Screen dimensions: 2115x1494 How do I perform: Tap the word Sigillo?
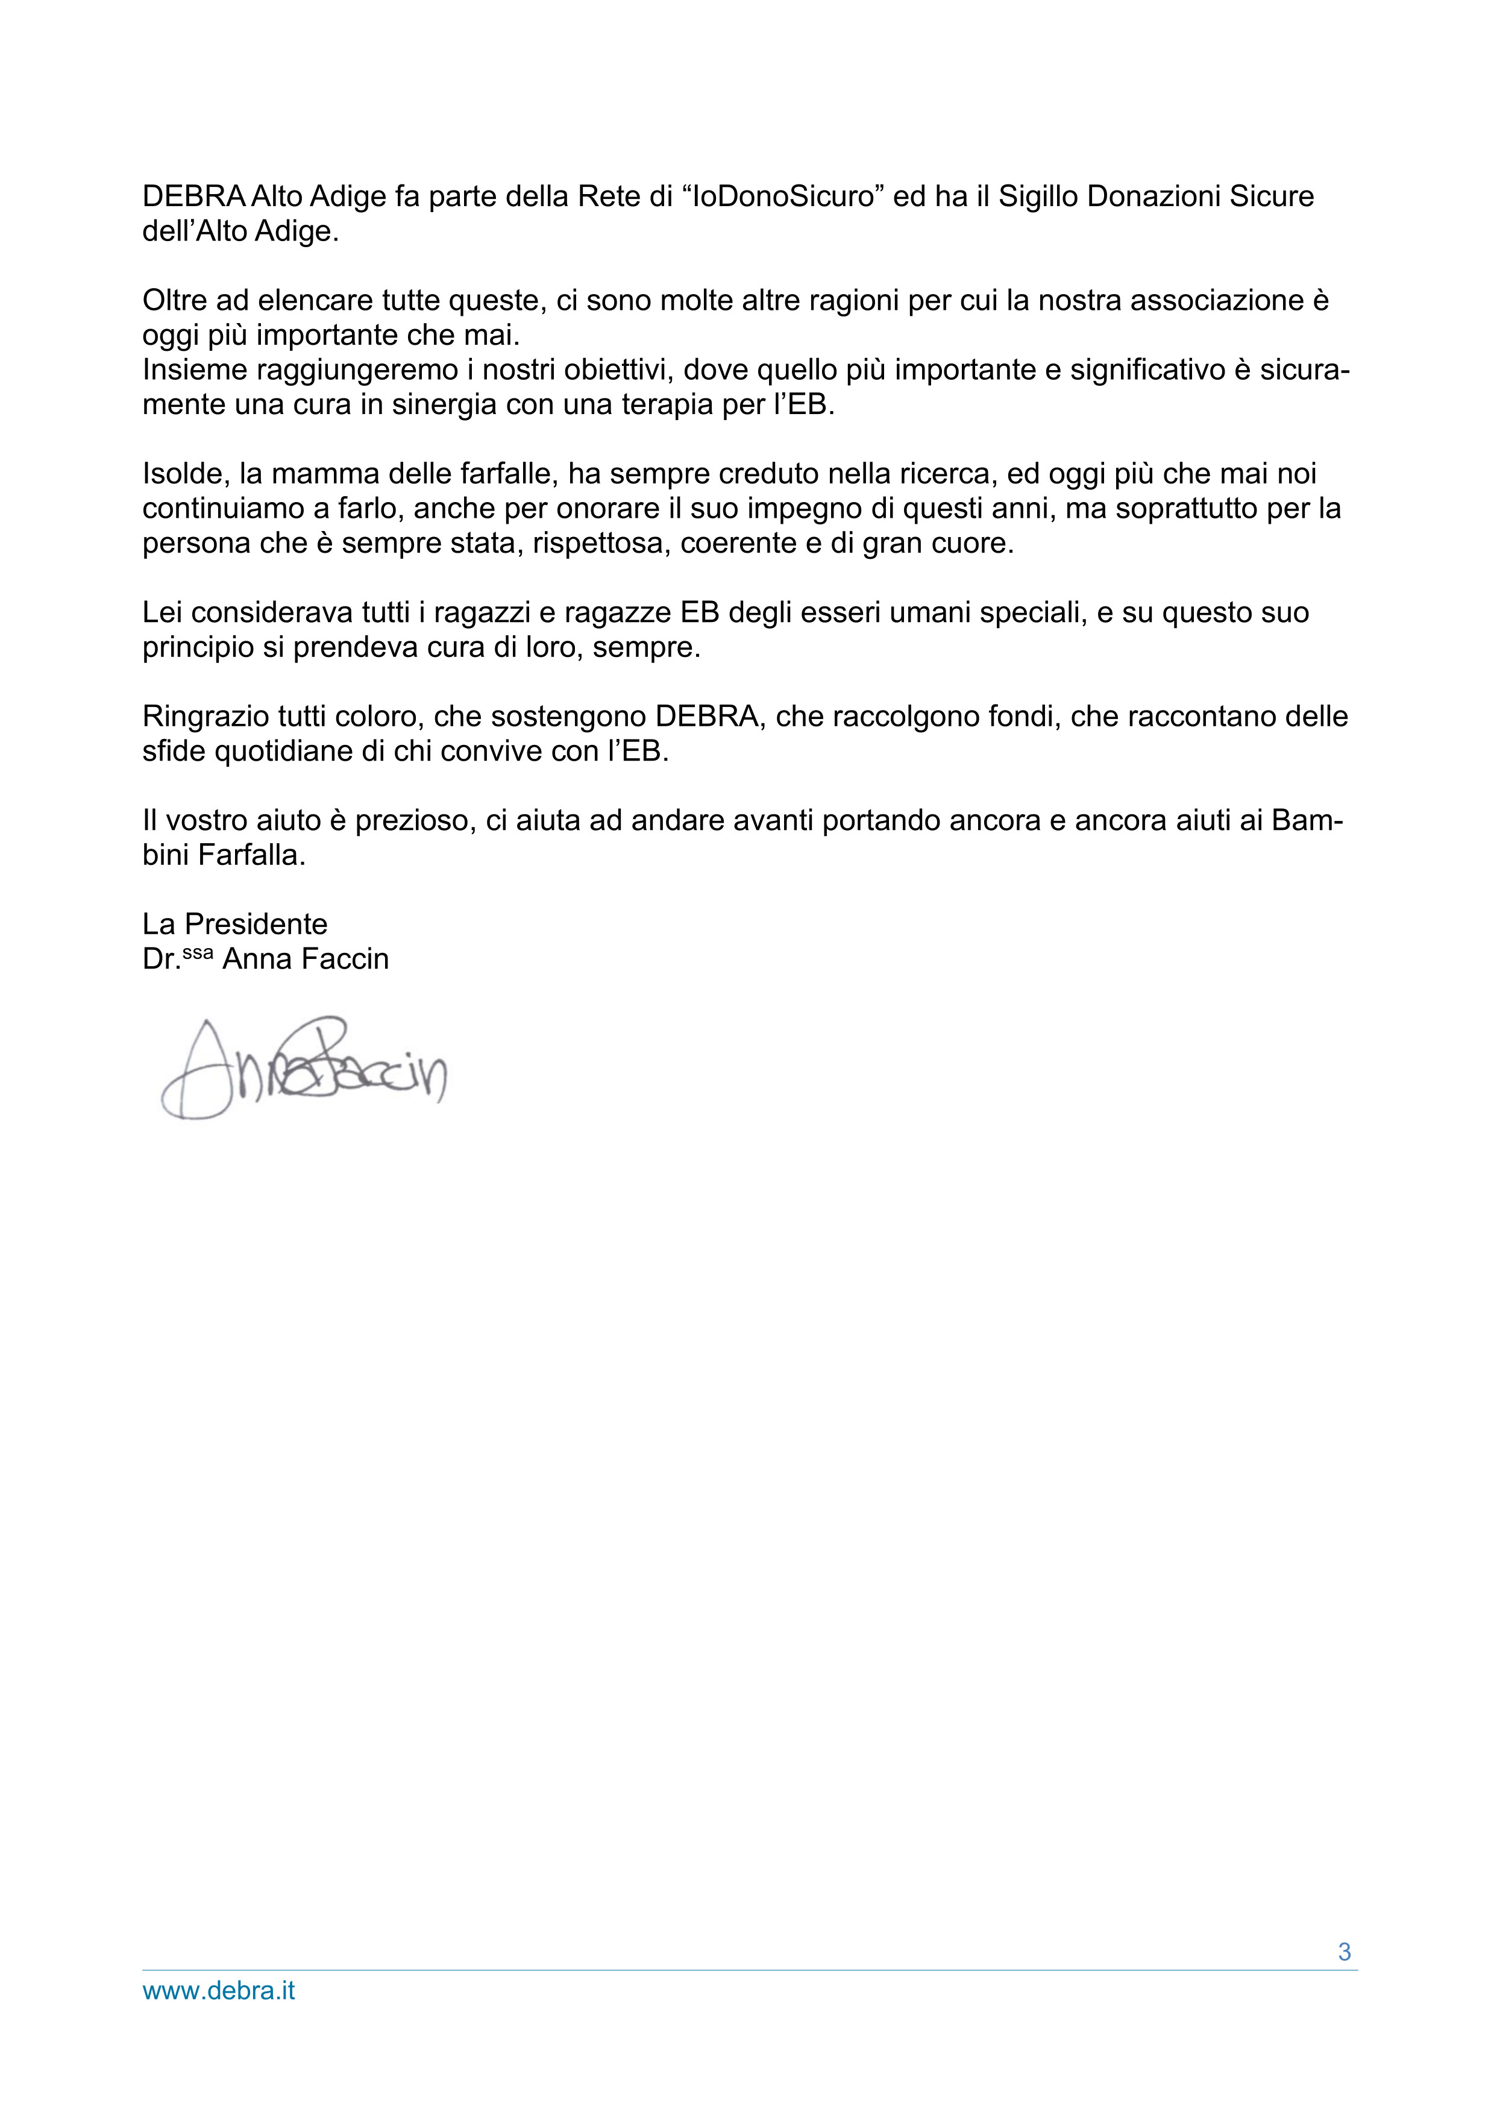(1038, 196)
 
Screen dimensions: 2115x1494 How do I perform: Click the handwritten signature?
(304, 1069)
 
